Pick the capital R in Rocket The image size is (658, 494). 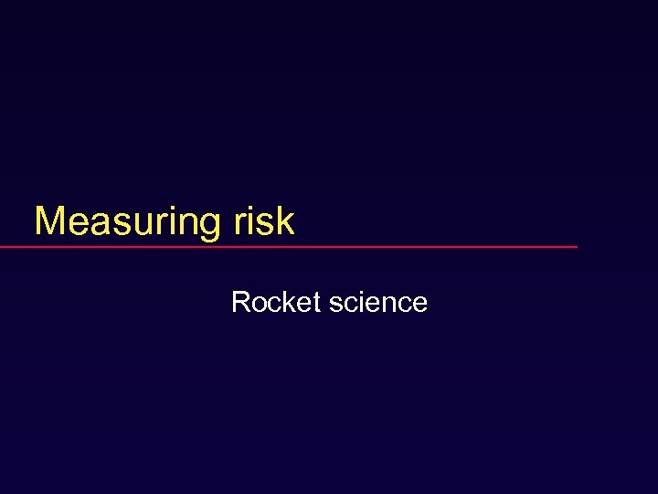[240, 302]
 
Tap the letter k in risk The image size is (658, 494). [284, 221]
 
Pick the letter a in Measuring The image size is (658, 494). [96, 225]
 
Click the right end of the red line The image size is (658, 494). [577, 247]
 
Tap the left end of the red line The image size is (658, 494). [2, 247]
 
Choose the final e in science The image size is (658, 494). [419, 305]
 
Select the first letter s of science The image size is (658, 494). [334, 305]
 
